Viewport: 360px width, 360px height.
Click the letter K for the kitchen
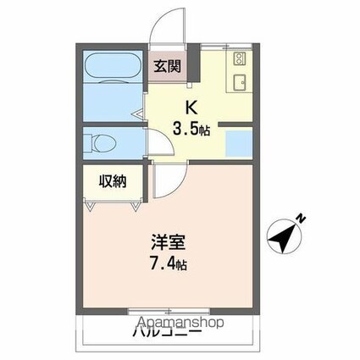[191, 108]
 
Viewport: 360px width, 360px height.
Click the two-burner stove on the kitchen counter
[239, 60]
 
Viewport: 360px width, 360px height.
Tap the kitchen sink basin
[239, 82]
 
